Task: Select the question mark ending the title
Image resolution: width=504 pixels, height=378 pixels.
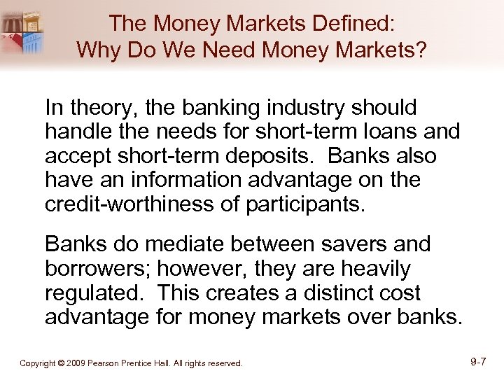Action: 423,50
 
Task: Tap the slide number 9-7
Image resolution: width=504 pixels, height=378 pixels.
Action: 478,362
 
